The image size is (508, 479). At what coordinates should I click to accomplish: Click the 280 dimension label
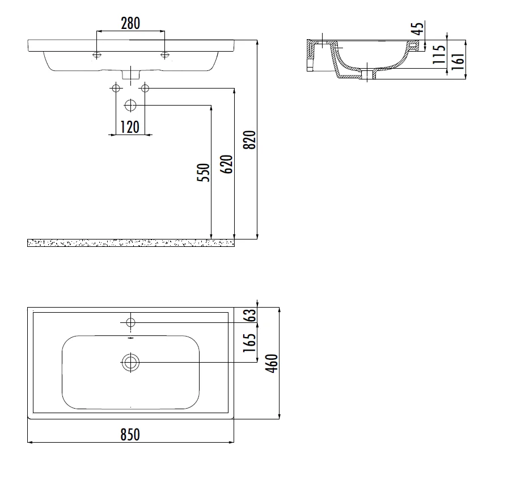tap(130, 23)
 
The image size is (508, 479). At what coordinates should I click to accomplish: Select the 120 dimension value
tap(130, 127)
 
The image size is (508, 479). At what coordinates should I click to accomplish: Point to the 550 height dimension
tap(204, 173)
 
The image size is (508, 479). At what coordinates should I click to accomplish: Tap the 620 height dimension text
tap(226, 165)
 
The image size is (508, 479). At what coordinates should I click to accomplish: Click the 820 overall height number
tap(250, 140)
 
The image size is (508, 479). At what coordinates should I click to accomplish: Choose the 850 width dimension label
tap(130, 435)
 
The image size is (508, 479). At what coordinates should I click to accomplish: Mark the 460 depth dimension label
tap(272, 364)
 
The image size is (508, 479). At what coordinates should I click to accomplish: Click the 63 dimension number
tap(250, 315)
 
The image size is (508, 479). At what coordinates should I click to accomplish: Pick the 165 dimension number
tap(250, 343)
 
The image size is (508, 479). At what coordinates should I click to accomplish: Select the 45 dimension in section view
tap(418, 28)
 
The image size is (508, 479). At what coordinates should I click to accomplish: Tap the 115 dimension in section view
tap(439, 54)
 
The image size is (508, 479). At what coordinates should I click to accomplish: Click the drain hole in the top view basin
tap(130, 362)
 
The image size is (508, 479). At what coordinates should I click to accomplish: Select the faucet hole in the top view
tap(130, 322)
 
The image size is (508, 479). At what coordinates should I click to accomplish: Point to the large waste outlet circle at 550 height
tap(130, 105)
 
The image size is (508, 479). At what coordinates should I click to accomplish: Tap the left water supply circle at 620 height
tap(116, 88)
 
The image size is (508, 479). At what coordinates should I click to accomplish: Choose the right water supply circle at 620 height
tap(145, 88)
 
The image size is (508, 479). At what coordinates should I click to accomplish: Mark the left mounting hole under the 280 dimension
tap(96, 54)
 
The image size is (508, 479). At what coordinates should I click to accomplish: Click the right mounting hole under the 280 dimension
tap(165, 54)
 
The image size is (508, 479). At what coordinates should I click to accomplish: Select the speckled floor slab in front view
tap(131, 243)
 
